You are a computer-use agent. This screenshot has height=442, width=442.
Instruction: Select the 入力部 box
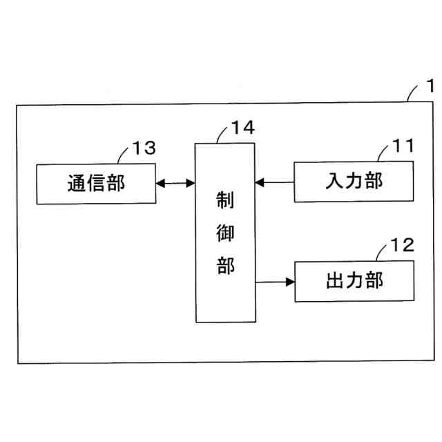tap(354, 182)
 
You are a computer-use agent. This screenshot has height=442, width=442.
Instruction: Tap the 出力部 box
tap(354, 281)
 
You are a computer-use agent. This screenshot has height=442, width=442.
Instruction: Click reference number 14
tap(242, 128)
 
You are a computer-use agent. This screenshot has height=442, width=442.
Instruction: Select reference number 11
tap(402, 146)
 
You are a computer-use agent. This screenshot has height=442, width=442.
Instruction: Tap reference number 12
tap(402, 245)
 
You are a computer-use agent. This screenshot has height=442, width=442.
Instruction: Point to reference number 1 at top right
tap(430, 88)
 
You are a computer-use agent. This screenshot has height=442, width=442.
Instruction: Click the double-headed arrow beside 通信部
tap(175, 183)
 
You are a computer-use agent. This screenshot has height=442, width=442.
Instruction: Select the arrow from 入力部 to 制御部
tap(274, 182)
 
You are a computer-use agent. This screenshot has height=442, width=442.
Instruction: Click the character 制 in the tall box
tap(225, 200)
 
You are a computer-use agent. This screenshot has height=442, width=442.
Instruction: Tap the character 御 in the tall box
tap(225, 233)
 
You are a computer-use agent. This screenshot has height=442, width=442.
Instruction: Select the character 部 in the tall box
tap(225, 265)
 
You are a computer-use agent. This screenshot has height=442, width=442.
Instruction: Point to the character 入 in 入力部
tap(334, 182)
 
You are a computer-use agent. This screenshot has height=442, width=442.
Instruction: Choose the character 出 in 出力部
tap(334, 281)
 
